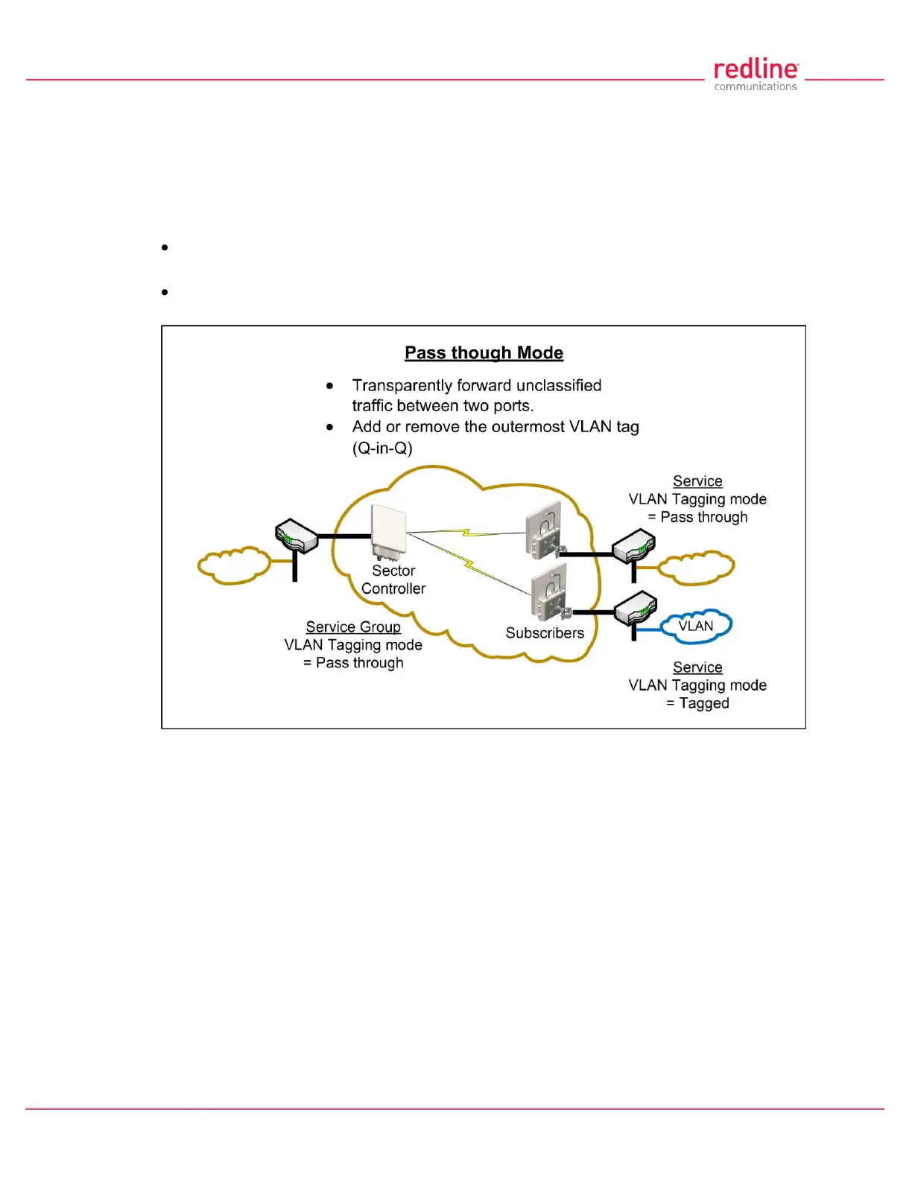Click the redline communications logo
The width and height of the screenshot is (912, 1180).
point(756,75)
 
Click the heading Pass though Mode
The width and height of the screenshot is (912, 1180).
point(484,352)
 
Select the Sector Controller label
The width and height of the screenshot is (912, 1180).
point(393,580)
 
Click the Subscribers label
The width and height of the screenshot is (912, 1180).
point(545,633)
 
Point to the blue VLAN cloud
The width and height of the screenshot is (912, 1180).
point(696,627)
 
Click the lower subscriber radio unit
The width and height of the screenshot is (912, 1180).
point(550,591)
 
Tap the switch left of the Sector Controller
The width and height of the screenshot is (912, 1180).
point(297,536)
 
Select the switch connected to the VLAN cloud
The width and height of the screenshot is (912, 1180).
point(636,607)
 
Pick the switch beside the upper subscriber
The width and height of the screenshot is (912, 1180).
point(634,546)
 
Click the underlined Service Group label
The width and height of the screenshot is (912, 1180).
point(353,627)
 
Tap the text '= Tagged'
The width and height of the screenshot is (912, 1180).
point(698,703)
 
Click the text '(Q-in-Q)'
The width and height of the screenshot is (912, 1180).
point(382,448)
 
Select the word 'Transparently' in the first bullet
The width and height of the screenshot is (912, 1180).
point(395,385)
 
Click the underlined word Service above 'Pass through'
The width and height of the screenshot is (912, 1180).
point(697,481)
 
